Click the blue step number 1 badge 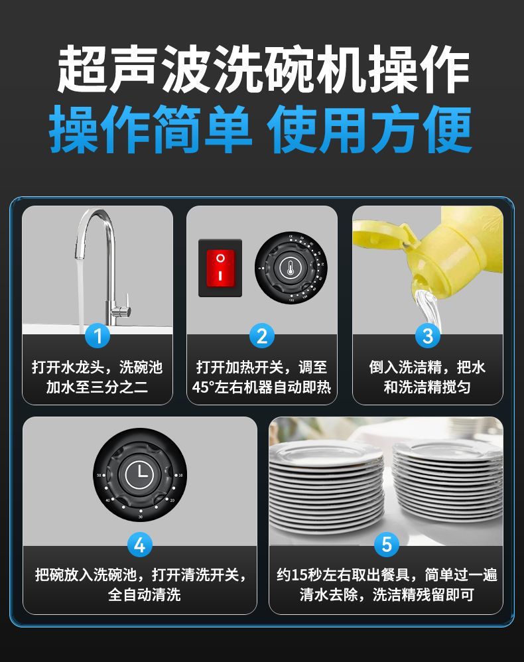coord(98,336)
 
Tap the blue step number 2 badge coord(261,336)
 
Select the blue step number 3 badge coord(427,336)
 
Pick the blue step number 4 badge coord(139,545)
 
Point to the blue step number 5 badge coord(386,545)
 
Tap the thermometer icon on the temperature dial coord(290,267)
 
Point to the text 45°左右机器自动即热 coord(261,387)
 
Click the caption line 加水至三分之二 coord(97,387)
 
